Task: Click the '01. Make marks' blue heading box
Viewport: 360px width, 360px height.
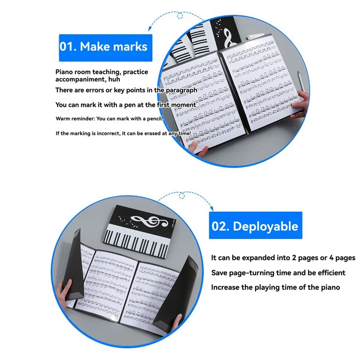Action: [106, 48]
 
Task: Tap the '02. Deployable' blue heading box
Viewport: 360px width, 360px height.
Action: [256, 225]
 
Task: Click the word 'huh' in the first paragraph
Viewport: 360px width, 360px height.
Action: [114, 79]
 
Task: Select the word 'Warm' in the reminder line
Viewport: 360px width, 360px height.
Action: [63, 119]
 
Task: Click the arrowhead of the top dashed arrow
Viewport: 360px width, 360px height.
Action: [150, 28]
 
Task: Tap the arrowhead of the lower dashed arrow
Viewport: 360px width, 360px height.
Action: [212, 209]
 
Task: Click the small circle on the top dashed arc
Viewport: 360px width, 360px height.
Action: [180, 16]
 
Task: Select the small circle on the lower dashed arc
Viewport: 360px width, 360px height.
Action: [182, 196]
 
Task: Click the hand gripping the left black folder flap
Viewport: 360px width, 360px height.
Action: [64, 289]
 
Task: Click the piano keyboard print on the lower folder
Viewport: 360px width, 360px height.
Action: [138, 243]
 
